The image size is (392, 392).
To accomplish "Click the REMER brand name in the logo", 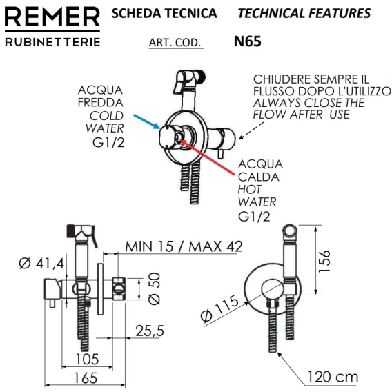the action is (x=52, y=17).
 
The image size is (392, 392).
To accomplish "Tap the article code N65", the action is (x=248, y=41).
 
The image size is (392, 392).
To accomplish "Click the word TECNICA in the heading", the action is (x=193, y=13).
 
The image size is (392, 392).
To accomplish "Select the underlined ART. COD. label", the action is (x=175, y=43).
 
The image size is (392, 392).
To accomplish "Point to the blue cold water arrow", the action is (x=147, y=121).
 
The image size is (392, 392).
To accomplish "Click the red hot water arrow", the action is (x=208, y=157).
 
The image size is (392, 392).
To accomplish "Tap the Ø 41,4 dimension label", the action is (x=41, y=263).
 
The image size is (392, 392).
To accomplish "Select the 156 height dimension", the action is (x=324, y=261).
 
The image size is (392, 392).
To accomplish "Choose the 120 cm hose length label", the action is (x=333, y=377).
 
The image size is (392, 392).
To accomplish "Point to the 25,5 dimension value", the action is (x=150, y=331).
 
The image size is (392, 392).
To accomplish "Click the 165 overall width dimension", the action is (x=86, y=378).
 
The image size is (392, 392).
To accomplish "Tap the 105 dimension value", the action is (x=88, y=360).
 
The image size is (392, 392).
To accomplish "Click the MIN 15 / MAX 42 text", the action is (x=184, y=246).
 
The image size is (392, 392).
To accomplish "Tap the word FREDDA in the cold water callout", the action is (x=101, y=103).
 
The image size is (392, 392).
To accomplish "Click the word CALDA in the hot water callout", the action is (x=259, y=177).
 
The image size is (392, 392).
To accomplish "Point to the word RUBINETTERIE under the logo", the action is (x=52, y=42).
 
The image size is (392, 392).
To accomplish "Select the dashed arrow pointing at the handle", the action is (x=251, y=130).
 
